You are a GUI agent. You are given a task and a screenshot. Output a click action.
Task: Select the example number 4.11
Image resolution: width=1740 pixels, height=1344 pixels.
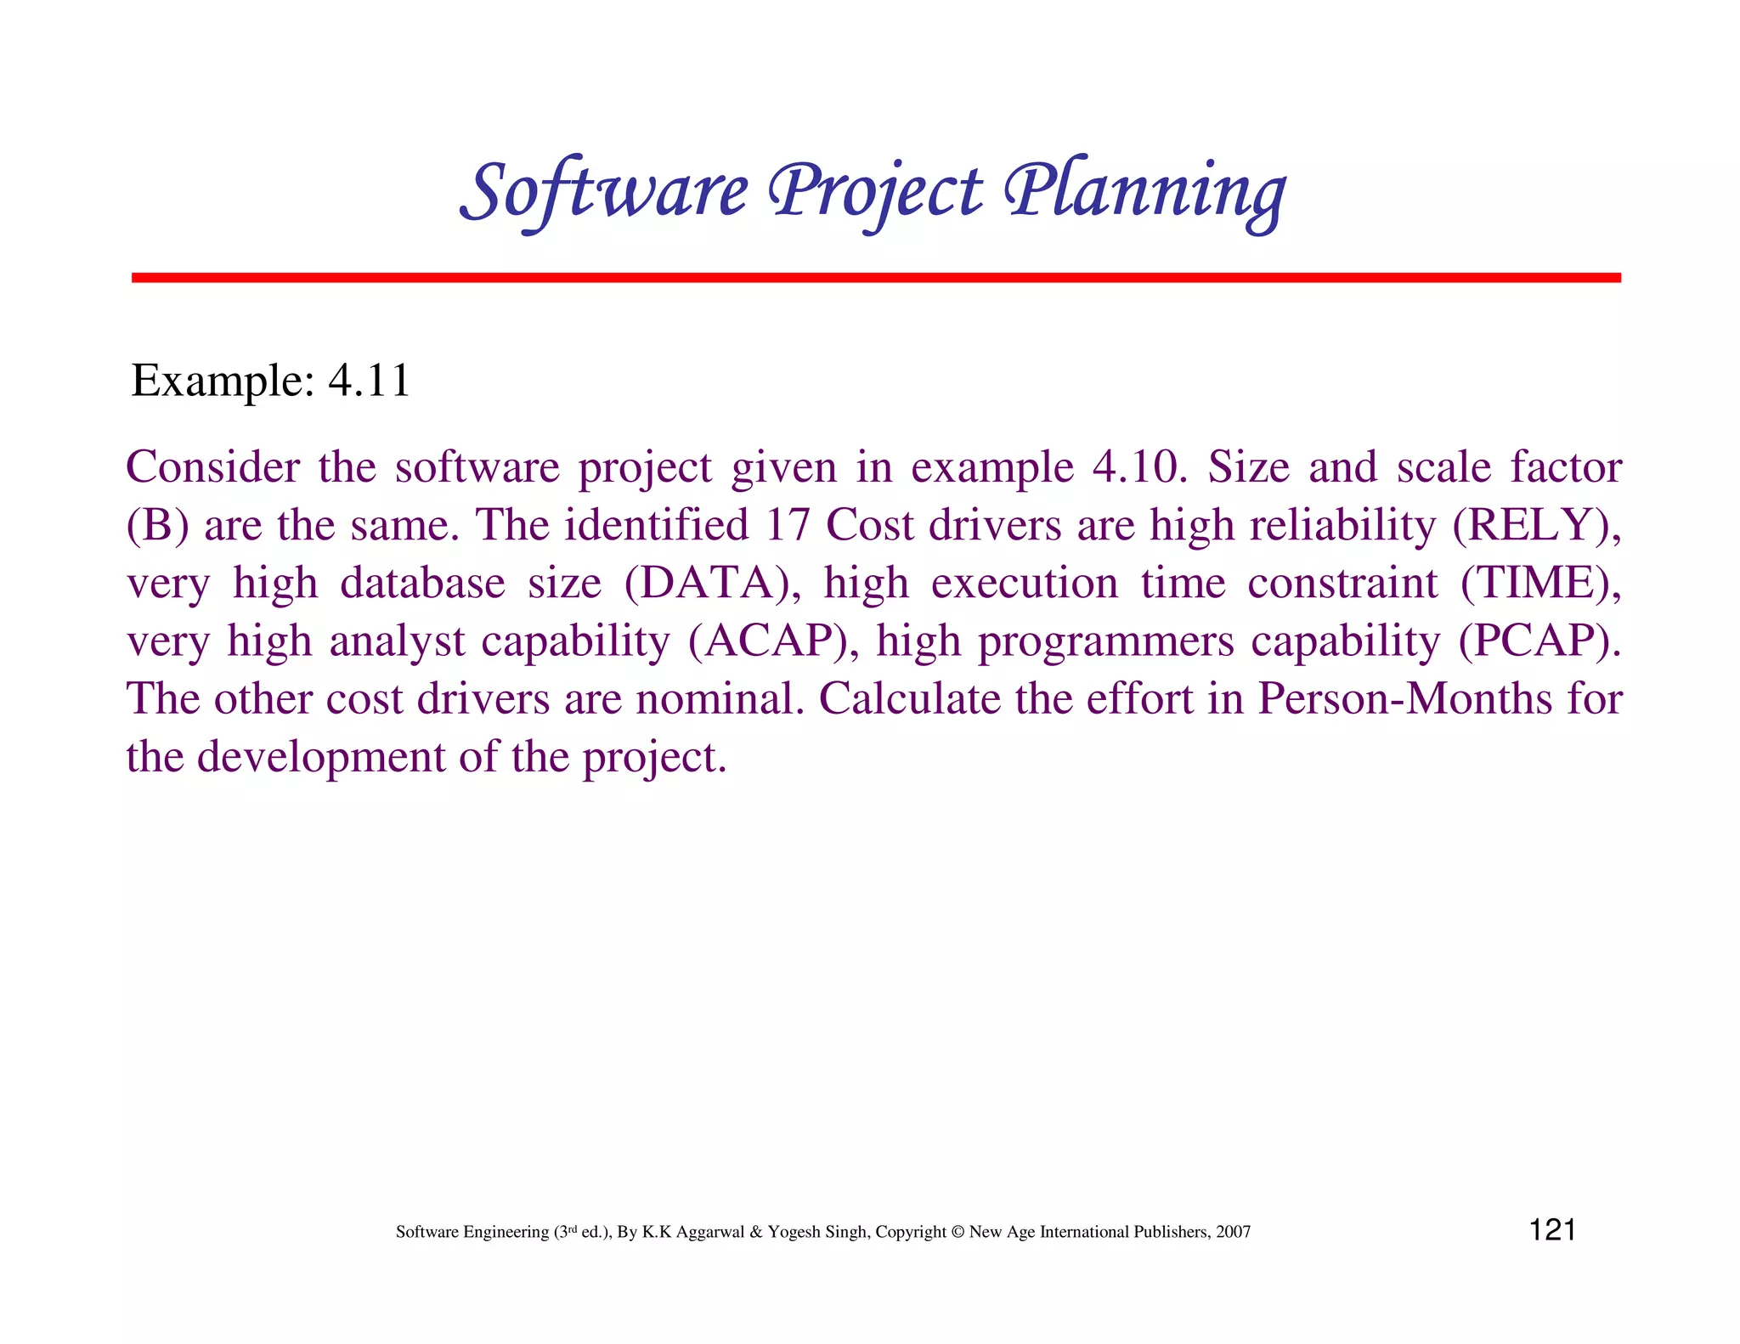coord(370,381)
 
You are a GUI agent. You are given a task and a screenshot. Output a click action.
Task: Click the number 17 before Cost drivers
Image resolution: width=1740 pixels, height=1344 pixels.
coord(787,525)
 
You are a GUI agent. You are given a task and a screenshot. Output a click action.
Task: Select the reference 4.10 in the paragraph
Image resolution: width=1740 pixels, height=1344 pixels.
coord(1138,467)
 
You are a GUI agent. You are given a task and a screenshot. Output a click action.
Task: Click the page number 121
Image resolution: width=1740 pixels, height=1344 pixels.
coord(1552,1230)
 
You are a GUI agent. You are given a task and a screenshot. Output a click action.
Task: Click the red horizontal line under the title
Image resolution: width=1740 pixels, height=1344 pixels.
coord(876,278)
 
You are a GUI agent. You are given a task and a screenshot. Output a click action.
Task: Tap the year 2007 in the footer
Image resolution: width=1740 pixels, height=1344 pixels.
coord(1233,1232)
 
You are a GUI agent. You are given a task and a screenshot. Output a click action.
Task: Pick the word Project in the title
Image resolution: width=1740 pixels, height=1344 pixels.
coord(875,191)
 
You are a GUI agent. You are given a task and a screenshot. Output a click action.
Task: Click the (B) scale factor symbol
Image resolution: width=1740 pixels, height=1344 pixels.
coord(157,525)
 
